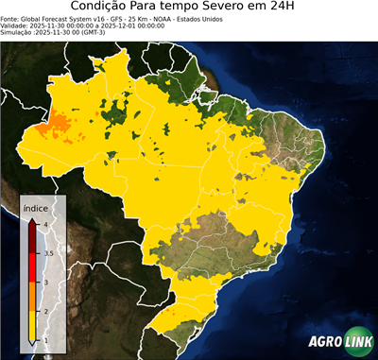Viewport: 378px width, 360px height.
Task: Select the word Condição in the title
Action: [x=100, y=8]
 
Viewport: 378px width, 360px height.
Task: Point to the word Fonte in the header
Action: [x=10, y=18]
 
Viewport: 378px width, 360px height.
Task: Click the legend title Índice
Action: [x=35, y=206]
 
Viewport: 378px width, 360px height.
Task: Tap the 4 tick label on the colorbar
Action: [x=46, y=224]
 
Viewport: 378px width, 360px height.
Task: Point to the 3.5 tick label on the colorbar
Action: [x=48, y=253]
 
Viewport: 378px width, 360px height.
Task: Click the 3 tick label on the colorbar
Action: [x=46, y=283]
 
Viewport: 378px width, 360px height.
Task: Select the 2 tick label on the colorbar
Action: [x=46, y=312]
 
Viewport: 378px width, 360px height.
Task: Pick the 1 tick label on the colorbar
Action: [x=46, y=341]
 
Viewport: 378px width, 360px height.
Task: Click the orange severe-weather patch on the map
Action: [x=59, y=120]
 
